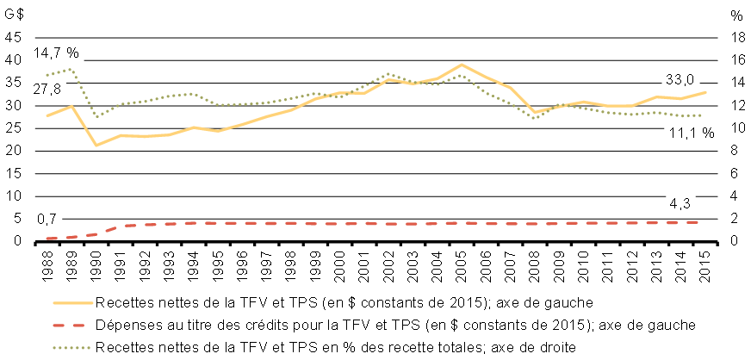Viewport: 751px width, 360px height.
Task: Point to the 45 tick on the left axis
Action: tap(12, 38)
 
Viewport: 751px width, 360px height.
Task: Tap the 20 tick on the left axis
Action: tap(12, 151)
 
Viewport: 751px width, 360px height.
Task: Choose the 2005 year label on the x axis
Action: tap(462, 259)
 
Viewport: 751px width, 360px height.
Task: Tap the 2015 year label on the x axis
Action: tap(706, 259)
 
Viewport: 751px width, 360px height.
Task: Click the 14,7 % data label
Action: tap(56, 53)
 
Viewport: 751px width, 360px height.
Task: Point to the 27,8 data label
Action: tap(47, 90)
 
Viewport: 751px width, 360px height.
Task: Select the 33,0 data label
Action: tap(682, 80)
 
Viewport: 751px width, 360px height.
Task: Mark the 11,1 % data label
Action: tap(692, 133)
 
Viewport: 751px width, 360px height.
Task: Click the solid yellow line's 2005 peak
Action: tap(462, 65)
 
